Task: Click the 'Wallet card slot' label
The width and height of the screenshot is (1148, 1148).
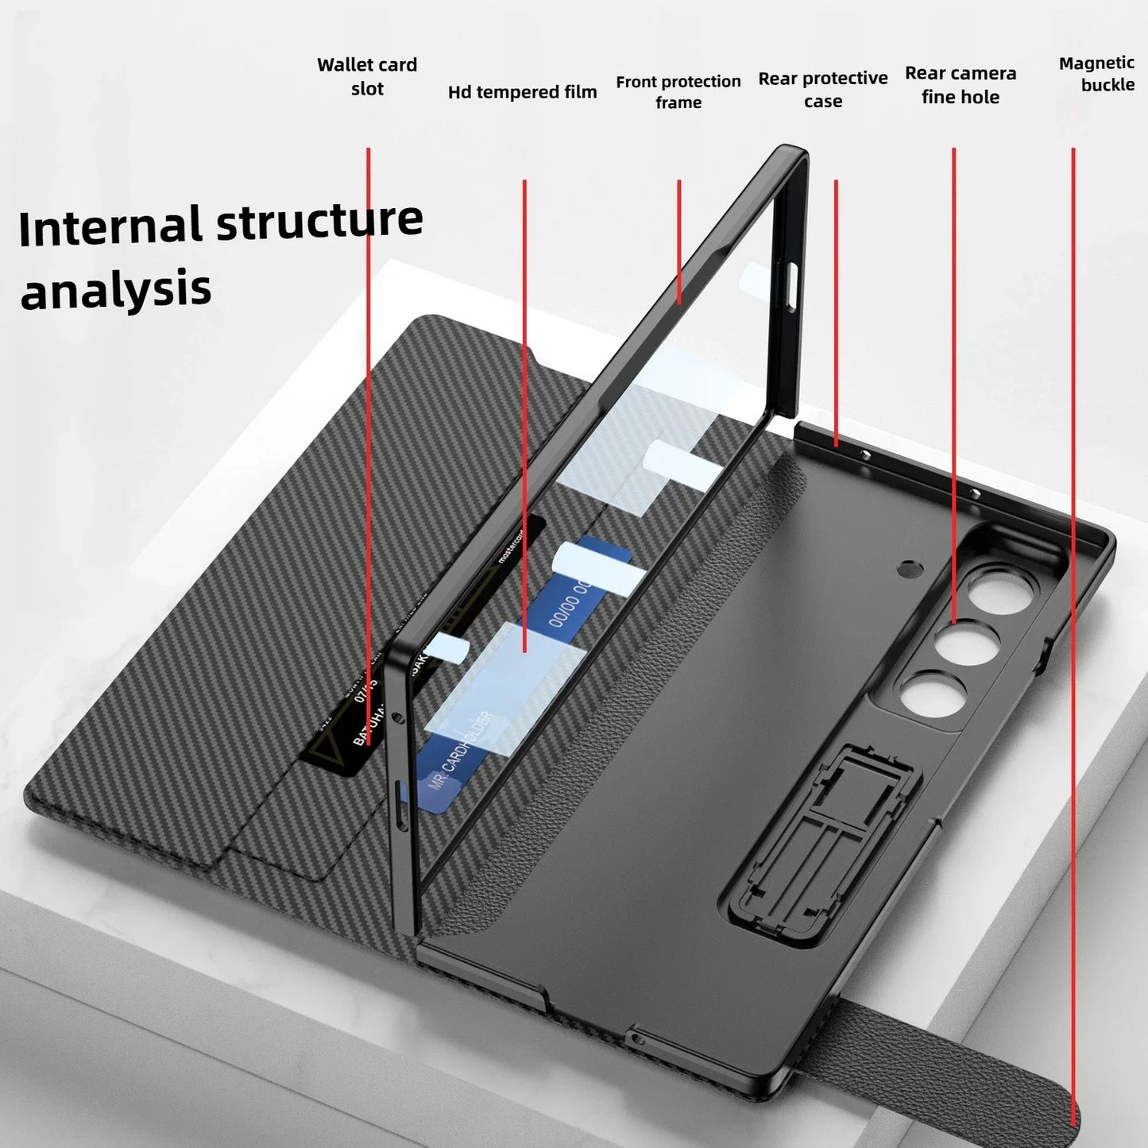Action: pyautogui.click(x=367, y=76)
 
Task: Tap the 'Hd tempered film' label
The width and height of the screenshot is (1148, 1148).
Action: pyautogui.click(x=522, y=92)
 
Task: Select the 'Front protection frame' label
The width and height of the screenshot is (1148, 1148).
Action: pyautogui.click(x=678, y=91)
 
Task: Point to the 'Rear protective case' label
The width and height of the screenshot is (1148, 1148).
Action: pyautogui.click(x=822, y=89)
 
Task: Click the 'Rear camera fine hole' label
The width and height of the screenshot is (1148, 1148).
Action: pyautogui.click(x=960, y=85)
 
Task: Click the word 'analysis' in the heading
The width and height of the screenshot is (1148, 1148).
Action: pyautogui.click(x=116, y=289)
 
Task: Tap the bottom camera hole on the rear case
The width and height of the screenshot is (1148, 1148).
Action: pyautogui.click(x=926, y=696)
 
